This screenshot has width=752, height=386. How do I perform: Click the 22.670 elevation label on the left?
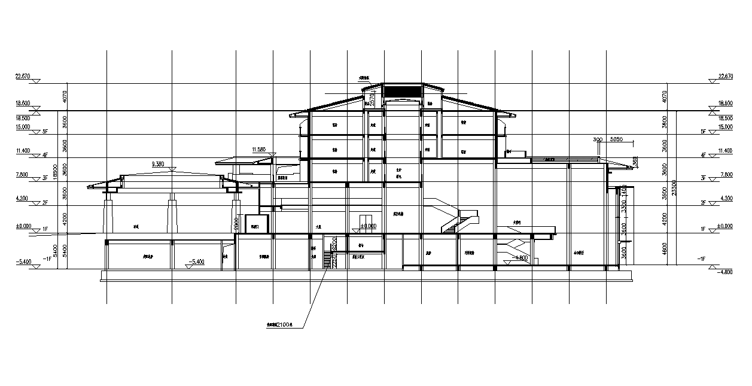[x=23, y=77]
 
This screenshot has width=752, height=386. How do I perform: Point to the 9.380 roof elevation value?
[x=158, y=163]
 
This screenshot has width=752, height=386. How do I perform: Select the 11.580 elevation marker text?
[x=258, y=149]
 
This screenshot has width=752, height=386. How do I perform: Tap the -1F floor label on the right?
[x=702, y=259]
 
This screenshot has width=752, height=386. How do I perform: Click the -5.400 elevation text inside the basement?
[x=196, y=262]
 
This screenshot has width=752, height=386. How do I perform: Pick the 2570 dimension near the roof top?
[x=372, y=99]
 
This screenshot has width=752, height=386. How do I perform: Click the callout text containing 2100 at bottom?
[x=279, y=325]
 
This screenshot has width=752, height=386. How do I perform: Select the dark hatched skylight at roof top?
[x=401, y=92]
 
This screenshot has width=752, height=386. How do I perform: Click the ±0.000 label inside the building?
[x=369, y=226]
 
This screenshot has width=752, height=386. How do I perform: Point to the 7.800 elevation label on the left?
[x=23, y=175]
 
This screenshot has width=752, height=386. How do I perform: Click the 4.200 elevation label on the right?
[x=725, y=198]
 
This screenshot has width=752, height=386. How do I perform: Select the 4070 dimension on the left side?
[x=65, y=96]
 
